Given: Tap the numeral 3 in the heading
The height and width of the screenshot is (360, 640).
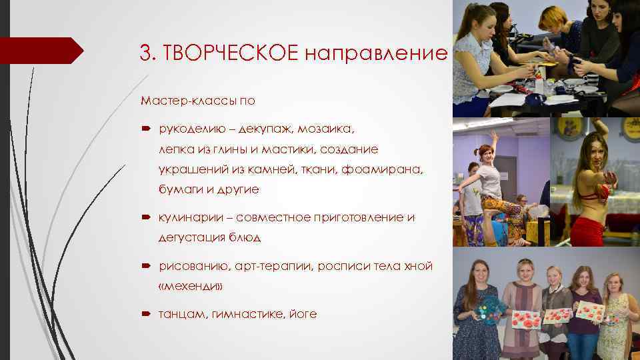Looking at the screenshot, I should click(x=145, y=51).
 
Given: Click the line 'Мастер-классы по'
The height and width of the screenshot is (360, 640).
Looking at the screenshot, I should click(x=197, y=101).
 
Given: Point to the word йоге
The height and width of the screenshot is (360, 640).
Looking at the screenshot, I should click(x=303, y=313).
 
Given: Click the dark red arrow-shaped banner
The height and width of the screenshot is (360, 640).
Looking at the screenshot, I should click(x=40, y=51).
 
